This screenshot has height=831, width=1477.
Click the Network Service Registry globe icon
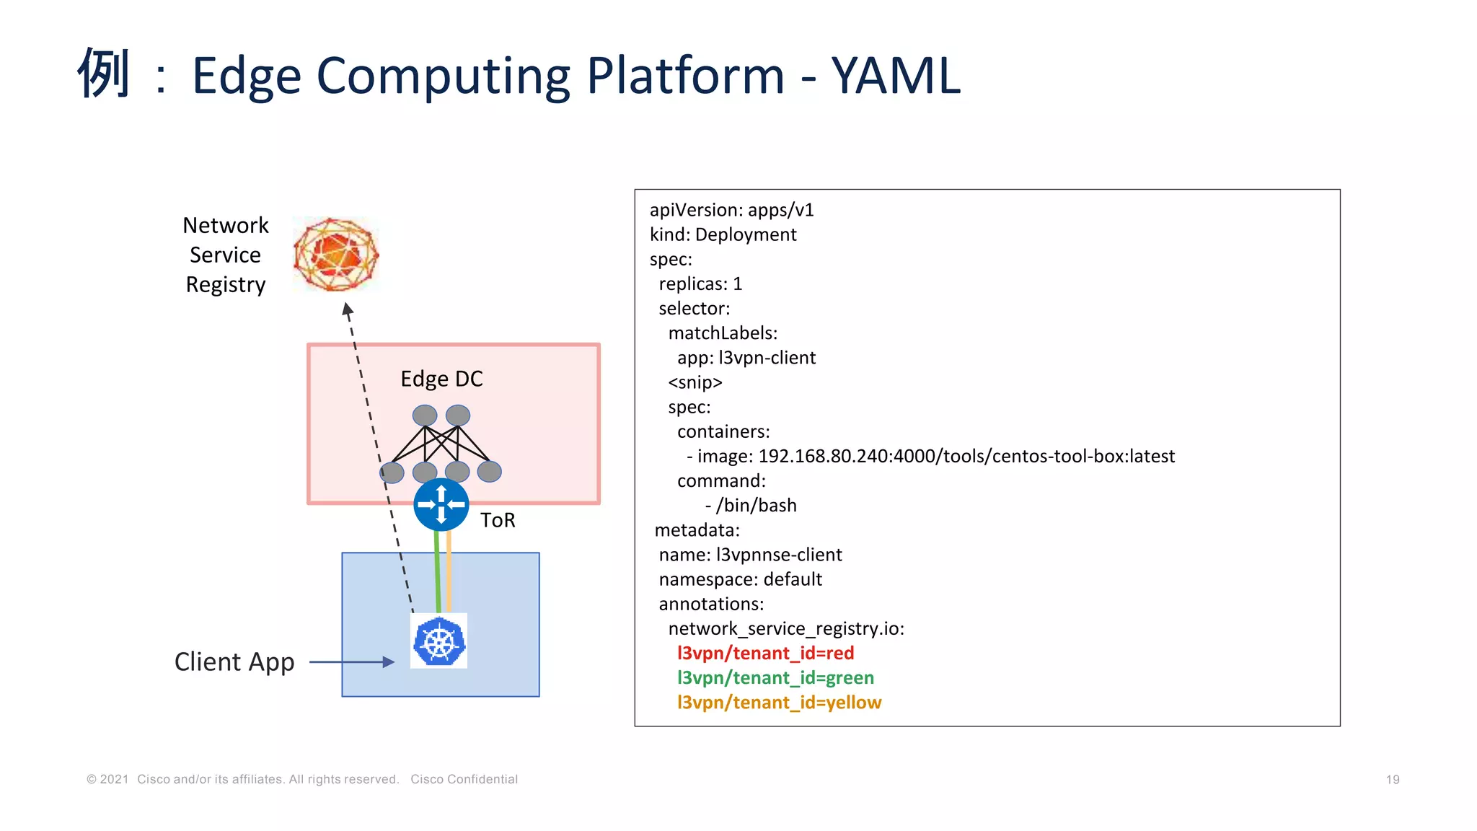tap(336, 254)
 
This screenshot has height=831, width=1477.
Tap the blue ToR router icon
tap(441, 505)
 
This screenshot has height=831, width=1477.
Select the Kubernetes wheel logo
tap(438, 641)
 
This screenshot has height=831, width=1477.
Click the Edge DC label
tap(441, 379)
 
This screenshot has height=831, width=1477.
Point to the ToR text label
tap(498, 520)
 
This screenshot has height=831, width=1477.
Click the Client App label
tap(234, 661)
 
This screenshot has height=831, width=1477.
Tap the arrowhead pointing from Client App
tap(389, 661)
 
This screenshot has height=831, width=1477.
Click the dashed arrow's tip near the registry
tap(347, 309)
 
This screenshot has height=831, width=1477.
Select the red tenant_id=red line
tap(765, 653)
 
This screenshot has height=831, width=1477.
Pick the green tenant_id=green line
tap(775, 677)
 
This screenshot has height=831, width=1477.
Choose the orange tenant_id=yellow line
tap(779, 702)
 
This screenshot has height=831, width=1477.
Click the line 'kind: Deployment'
tap(723, 234)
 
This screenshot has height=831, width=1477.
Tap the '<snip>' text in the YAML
tap(695, 382)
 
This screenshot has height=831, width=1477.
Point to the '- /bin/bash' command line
tap(751, 505)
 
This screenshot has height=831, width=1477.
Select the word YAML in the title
tap(896, 75)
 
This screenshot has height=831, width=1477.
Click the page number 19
tap(1392, 779)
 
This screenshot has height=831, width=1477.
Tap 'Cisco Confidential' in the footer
tap(464, 779)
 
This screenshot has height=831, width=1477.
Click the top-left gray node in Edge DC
tap(425, 415)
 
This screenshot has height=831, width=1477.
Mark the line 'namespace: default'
tap(740, 579)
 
